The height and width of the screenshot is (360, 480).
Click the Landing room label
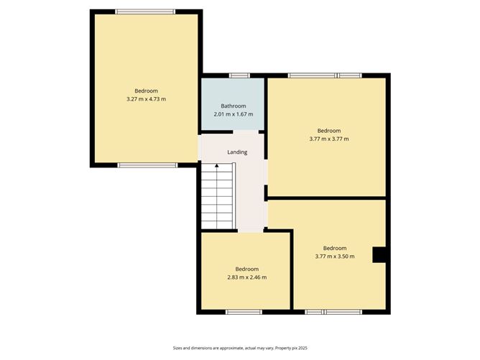[237, 152]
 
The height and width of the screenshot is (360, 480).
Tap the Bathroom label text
[234, 106]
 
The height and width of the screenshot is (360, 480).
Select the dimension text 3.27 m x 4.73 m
[146, 99]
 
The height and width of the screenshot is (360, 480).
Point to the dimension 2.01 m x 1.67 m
[234, 114]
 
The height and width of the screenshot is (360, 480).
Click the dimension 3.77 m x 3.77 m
[328, 139]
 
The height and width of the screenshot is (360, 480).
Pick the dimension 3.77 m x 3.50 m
[334, 257]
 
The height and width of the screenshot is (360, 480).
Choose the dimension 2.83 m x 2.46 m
[246, 277]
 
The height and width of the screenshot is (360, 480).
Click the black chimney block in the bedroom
[379, 255]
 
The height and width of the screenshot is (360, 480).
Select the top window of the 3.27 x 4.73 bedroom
[146, 11]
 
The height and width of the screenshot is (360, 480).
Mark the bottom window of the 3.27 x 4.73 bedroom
[147, 165]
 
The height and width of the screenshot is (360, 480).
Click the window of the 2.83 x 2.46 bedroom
[244, 312]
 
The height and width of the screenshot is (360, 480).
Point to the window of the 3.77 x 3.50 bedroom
[333, 312]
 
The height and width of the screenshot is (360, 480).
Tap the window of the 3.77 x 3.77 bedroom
[325, 75]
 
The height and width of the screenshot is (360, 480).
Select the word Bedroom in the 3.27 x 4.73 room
[146, 91]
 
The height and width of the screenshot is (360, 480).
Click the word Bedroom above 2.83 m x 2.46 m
[246, 269]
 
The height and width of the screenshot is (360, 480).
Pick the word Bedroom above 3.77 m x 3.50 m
[334, 249]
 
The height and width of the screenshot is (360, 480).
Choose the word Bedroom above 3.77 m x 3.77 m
[328, 131]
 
